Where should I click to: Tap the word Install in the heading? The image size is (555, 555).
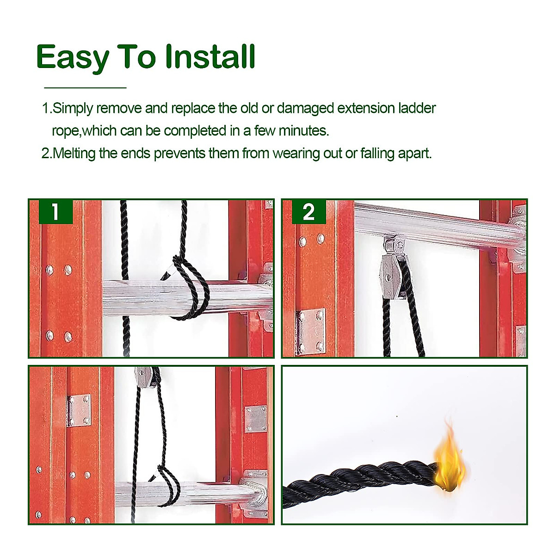point(210,56)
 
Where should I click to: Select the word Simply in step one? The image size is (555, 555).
point(73,109)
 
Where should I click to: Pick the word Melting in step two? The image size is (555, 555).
point(74,154)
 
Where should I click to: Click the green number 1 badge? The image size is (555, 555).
point(55,212)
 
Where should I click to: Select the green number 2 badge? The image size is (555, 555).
point(309,212)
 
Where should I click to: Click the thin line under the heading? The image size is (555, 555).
point(85,87)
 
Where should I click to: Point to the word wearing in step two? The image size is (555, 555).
point(296,154)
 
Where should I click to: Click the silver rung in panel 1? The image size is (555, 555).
point(187,297)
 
